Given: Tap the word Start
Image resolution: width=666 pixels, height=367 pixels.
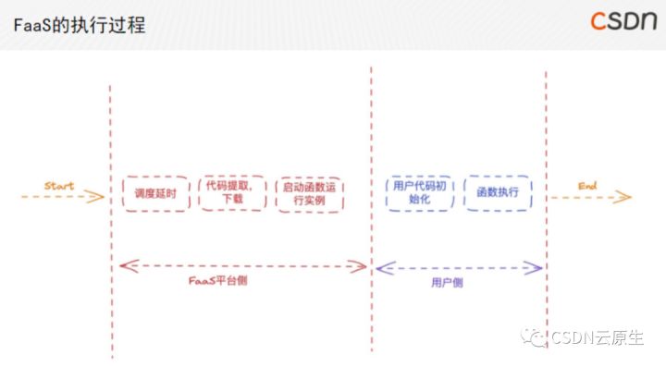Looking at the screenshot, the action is coord(59,186).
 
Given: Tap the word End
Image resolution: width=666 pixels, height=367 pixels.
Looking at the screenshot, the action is coord(588,186).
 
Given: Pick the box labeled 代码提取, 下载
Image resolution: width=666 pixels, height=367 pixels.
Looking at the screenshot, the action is coord(232,193).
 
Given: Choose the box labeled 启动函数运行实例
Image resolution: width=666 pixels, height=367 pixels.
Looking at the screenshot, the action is coord(310,194).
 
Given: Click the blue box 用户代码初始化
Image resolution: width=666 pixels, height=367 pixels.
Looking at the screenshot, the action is coord(417,192).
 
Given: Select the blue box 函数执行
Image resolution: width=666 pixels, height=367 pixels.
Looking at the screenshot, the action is coord(498,192).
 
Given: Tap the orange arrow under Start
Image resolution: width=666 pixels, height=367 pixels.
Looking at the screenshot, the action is coord(59,197).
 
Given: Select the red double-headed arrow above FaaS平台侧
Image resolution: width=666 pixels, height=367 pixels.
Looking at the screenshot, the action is coord(242,266).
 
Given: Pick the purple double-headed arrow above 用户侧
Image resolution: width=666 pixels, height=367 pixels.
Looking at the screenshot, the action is coord(459,268).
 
